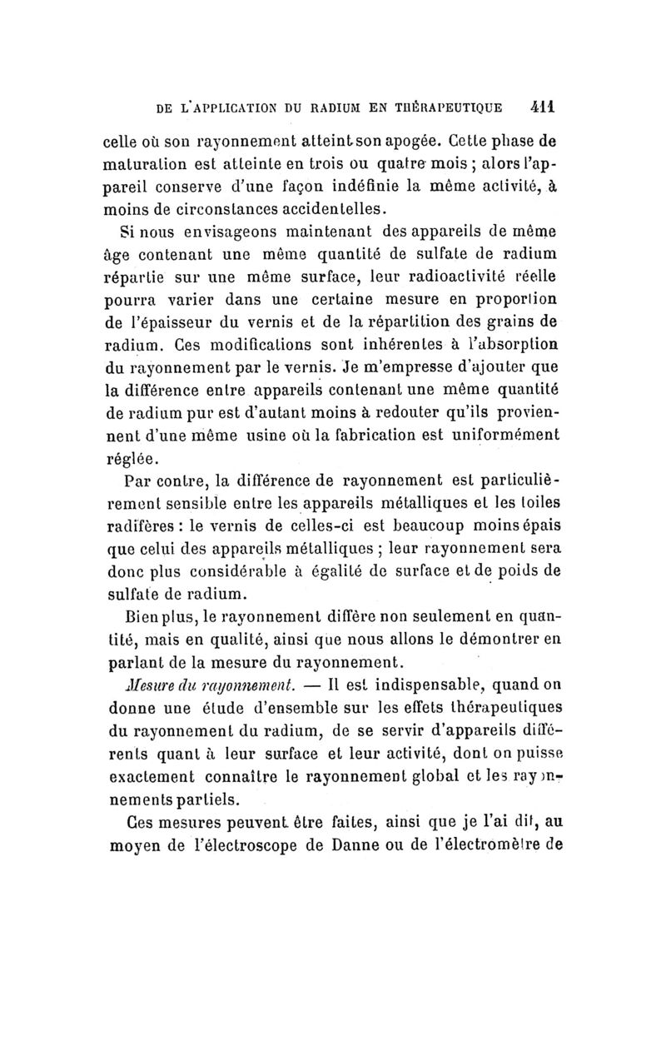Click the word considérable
point(249,572)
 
